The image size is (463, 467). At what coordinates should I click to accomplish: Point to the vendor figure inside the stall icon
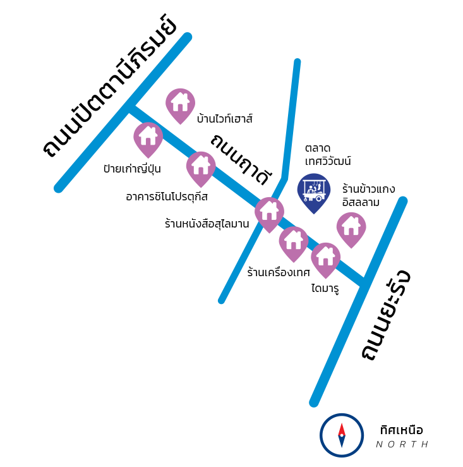click(x=311, y=190)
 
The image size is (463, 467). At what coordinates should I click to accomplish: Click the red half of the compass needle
click(x=342, y=428)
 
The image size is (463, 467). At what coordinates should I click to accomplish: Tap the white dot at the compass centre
click(x=342, y=435)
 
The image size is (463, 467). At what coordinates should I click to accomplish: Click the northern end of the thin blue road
click(x=298, y=62)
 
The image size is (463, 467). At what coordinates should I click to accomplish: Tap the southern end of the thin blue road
click(x=221, y=301)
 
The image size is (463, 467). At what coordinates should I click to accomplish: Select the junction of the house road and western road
click(x=129, y=107)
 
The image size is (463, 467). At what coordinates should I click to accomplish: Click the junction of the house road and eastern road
click(x=363, y=282)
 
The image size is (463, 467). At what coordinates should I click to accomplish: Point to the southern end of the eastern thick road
click(x=313, y=403)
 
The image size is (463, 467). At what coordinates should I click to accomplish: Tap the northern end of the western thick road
click(x=188, y=37)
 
